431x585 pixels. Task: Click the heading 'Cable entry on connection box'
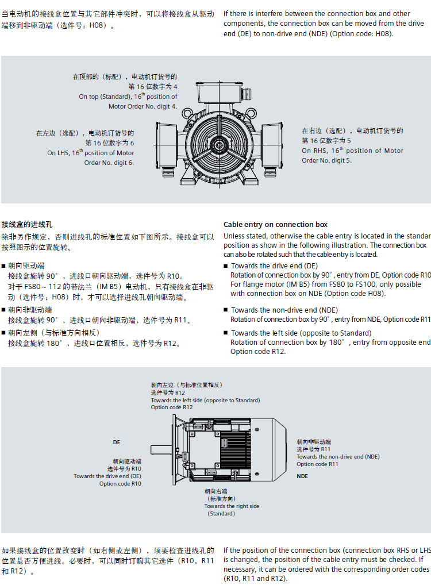pyautogui.click(x=275, y=224)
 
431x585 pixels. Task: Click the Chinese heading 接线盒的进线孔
pyautogui.click(x=27, y=224)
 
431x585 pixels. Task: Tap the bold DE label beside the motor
pyautogui.click(x=117, y=442)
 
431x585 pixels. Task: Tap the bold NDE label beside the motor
pyautogui.click(x=302, y=476)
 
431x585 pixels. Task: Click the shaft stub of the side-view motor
pyautogui.click(x=161, y=449)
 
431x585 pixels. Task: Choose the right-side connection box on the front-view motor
pyautogui.click(x=272, y=145)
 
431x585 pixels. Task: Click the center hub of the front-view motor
pyautogui.click(x=219, y=145)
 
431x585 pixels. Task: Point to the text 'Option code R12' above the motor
pyautogui.click(x=172, y=407)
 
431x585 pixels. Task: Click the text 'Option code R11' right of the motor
pyautogui.click(x=317, y=464)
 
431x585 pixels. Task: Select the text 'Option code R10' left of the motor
pyautogui.click(x=120, y=483)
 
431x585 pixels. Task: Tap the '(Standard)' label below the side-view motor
pyautogui.click(x=221, y=513)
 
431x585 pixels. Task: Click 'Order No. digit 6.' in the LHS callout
pyautogui.click(x=109, y=163)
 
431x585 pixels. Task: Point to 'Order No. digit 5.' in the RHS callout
pyautogui.click(x=327, y=160)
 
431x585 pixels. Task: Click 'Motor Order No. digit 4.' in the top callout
pyautogui.click(x=143, y=106)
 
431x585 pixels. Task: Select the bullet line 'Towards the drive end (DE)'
pyautogui.click(x=274, y=265)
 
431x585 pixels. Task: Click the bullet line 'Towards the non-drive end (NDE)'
pyautogui.click(x=284, y=310)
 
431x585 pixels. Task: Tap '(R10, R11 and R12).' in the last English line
pyautogui.click(x=256, y=579)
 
